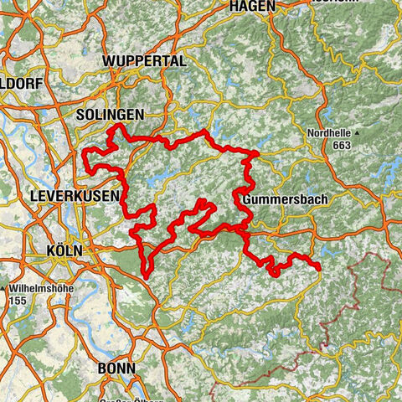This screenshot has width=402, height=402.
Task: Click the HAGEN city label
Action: [252, 6]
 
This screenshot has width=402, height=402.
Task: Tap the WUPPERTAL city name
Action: [143, 62]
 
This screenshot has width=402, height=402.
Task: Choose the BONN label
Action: [117, 367]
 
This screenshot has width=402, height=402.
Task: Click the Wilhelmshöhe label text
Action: [39, 286]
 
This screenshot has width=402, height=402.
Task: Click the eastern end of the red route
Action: [320, 267]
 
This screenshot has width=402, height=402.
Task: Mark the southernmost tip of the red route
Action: [147, 274]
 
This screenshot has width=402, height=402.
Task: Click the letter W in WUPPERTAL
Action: [108, 62]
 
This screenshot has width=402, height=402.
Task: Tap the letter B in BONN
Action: [103, 367]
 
